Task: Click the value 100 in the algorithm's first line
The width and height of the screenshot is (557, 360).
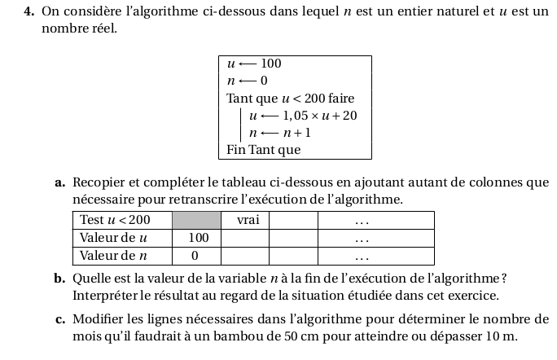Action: coord(271,64)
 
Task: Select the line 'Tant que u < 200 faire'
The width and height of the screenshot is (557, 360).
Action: coord(290,99)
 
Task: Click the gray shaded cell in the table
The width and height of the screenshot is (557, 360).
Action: coord(196,220)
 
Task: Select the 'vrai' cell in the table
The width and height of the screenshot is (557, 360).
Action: coord(247,220)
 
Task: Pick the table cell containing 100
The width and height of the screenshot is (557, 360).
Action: coord(199,238)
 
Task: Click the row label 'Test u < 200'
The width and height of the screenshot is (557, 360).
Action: coord(115,220)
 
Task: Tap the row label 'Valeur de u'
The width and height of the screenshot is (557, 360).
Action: coord(113,238)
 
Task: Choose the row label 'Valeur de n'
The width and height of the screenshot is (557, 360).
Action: coord(113,256)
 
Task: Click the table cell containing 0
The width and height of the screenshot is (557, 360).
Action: coord(195,256)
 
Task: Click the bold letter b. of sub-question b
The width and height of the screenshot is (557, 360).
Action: coord(61,279)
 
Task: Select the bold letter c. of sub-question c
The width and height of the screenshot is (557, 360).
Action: coord(61,319)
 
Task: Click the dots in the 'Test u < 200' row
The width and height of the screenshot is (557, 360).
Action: coord(362,221)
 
